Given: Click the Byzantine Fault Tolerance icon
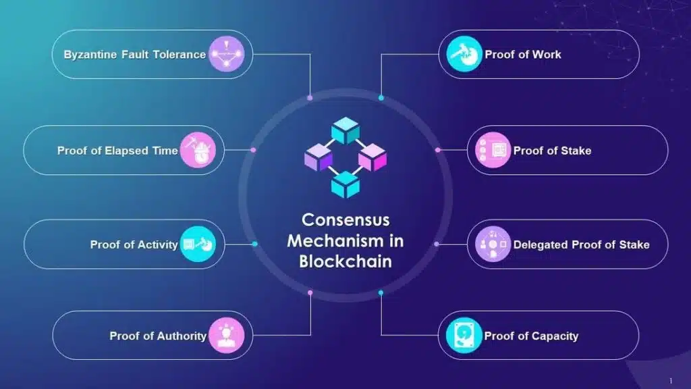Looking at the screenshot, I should [226, 55].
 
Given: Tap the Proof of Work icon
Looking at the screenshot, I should [464, 55].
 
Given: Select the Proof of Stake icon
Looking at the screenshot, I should [493, 150].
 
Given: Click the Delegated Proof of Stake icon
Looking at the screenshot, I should [493, 244].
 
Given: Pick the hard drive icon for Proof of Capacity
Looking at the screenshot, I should [464, 336].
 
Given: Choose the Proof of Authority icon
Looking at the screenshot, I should [226, 336].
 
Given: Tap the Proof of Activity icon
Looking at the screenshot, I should [198, 244].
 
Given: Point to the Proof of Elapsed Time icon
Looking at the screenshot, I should [198, 150].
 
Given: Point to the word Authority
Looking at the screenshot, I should [181, 336].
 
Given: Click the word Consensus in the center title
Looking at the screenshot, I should [345, 220].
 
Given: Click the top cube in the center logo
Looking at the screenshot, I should [345, 130].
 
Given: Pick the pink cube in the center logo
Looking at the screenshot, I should [372, 158].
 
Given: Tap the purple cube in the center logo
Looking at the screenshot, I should [319, 158].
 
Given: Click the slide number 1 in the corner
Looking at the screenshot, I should [670, 381].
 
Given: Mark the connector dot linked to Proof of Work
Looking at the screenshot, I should [381, 98].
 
